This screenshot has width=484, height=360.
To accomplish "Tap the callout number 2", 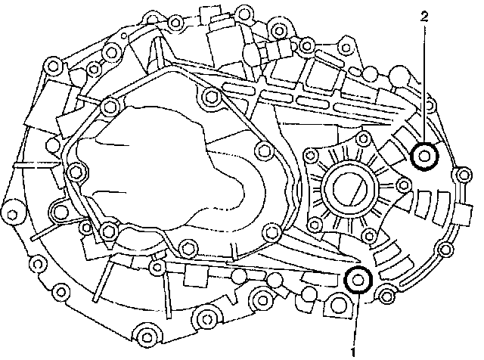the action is [425, 14].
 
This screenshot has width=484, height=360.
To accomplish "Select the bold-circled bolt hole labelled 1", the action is [358, 281].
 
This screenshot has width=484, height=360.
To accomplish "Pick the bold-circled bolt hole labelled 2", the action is [425, 157].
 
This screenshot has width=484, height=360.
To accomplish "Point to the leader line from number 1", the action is [354, 318].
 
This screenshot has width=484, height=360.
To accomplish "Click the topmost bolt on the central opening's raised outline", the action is [209, 95].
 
